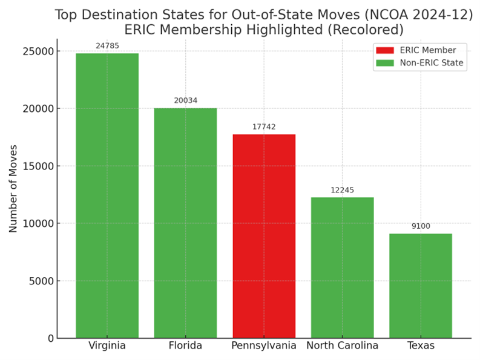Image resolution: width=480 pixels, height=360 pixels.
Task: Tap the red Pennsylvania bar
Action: coord(264,236)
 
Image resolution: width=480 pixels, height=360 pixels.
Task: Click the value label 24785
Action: coord(107,46)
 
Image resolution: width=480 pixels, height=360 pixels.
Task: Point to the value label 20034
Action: coord(185,100)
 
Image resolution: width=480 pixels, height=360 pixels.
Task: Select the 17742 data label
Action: coord(264,127)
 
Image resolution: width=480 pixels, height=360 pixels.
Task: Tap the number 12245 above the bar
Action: coord(342,190)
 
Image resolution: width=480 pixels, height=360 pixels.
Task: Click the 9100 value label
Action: coord(421,226)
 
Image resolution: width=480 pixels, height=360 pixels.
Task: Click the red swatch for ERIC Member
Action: coord(384,50)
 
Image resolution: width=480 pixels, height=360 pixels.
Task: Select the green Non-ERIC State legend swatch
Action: coord(384,63)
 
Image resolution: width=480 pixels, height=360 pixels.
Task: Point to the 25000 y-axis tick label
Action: coord(38,51)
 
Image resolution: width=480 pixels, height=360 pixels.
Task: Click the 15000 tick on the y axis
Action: coord(38,166)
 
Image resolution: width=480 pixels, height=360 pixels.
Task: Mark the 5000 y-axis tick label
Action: coord(41,281)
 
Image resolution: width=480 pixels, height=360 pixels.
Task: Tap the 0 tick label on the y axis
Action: coord(50,338)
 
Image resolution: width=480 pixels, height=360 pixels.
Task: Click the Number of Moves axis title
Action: coord(13,188)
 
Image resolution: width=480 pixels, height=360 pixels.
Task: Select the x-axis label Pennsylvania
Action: coord(264,346)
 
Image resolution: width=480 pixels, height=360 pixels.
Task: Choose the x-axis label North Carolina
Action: coord(342,346)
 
